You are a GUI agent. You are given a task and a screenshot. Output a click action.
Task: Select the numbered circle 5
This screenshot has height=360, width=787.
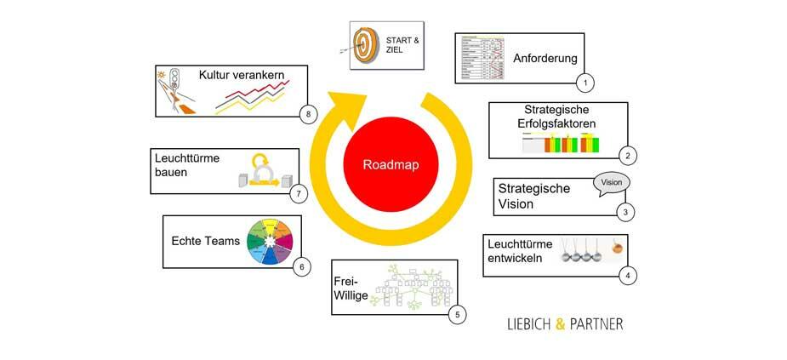pos(457,315)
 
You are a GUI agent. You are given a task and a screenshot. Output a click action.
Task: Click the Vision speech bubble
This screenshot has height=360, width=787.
pos(612,183)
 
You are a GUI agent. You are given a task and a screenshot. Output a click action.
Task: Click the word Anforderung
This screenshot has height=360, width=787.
pos(545,59)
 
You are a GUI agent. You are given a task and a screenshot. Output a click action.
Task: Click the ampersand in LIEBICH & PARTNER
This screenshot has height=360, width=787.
pos(561,324)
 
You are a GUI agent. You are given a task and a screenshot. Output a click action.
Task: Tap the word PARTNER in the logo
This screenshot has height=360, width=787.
pos(596,324)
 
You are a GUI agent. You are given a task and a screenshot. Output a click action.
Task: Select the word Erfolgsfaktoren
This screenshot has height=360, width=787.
pos(557,123)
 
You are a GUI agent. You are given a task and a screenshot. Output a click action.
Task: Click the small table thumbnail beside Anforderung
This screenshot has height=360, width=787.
pos(481,58)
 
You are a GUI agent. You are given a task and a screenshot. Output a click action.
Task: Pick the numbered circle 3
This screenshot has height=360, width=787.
pos(625,213)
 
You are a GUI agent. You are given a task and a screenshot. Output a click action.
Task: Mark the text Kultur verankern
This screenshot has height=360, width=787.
pos(241,75)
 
